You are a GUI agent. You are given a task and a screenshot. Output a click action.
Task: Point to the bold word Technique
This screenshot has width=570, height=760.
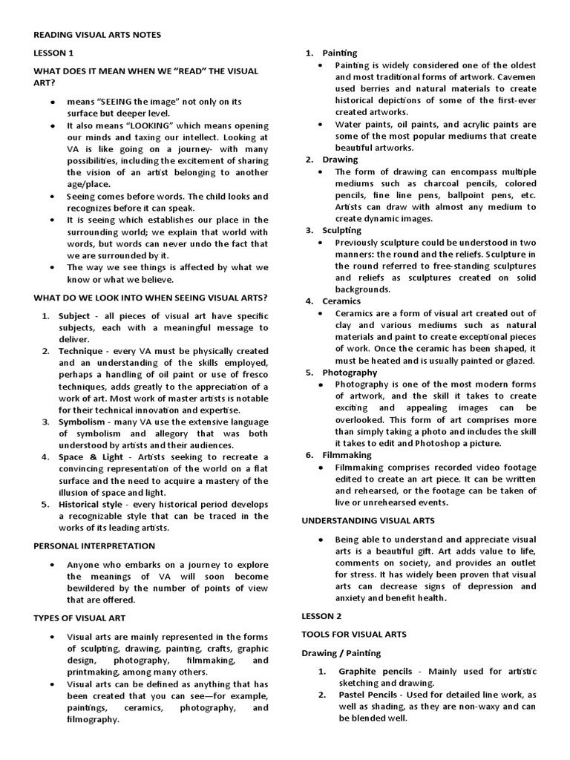click(82, 351)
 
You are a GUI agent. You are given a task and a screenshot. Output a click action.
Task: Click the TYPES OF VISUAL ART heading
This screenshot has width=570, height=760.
click(79, 617)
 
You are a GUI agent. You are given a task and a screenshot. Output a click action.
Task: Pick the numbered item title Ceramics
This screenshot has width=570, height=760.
click(341, 301)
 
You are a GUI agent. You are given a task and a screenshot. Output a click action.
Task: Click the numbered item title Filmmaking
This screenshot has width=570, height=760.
click(347, 455)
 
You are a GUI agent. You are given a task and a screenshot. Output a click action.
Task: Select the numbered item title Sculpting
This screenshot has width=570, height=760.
click(341, 230)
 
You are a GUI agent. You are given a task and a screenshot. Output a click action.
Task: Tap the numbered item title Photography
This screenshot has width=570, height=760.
click(350, 373)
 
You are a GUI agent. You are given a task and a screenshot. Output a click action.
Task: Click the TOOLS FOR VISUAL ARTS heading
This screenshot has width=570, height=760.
click(353, 635)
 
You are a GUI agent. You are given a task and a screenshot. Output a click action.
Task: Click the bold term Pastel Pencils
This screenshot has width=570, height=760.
click(367, 695)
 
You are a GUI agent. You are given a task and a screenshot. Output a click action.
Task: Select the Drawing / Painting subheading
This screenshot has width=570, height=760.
click(341, 653)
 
